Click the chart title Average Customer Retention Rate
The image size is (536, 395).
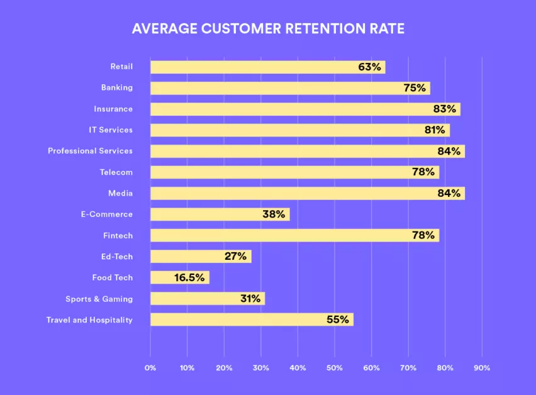(267, 30)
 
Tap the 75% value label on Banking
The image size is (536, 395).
(415, 88)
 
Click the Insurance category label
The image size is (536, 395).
(113, 109)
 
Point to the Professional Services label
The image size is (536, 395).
(90, 151)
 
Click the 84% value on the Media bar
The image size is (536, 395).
(449, 193)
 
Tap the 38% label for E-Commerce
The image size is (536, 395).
(274, 214)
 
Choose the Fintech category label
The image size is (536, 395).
(118, 235)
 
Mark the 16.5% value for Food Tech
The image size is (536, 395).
(189, 277)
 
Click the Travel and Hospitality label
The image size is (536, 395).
(89, 320)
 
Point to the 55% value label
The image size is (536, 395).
(337, 320)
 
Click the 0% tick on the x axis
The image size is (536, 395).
(150, 367)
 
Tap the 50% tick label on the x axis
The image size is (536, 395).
(335, 367)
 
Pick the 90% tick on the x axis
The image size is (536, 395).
(482, 367)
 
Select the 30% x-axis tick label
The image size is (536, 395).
(261, 367)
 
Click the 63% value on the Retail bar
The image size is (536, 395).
(370, 67)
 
